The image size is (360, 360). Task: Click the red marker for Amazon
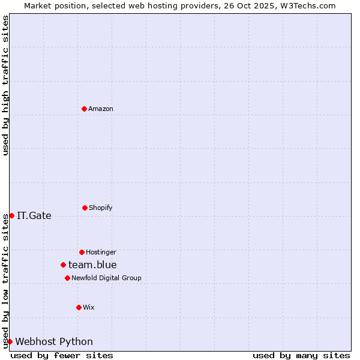click(x=85, y=109)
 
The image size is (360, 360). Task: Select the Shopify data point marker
click(x=85, y=208)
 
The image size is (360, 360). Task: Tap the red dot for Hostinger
click(x=82, y=252)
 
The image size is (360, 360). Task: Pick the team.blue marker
click(x=63, y=265)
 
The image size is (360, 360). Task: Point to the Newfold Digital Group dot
click(x=67, y=278)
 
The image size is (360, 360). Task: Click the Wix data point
click(x=79, y=307)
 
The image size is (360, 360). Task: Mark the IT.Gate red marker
click(x=11, y=215)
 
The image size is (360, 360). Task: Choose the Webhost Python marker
click(x=10, y=341)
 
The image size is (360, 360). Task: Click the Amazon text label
click(x=101, y=109)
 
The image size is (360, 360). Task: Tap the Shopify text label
click(x=101, y=208)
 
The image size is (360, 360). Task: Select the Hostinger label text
click(x=101, y=252)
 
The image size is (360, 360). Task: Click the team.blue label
click(x=92, y=265)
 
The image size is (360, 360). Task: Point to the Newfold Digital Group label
click(x=106, y=278)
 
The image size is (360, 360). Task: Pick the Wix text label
click(x=89, y=307)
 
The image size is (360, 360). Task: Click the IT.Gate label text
click(x=34, y=215)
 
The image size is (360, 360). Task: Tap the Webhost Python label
click(x=54, y=341)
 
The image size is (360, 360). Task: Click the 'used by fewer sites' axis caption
click(x=62, y=355)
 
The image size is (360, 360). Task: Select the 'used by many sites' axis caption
click(x=301, y=355)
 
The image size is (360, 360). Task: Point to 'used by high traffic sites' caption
click(x=5, y=85)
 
